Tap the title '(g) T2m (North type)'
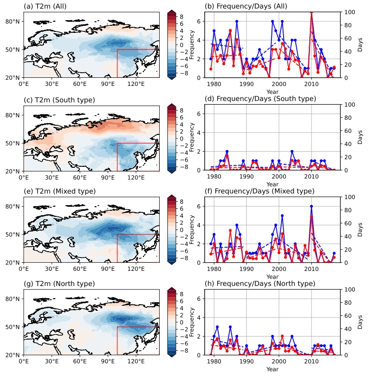click(x=59, y=284)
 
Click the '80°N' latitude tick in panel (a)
click(x=13, y=21)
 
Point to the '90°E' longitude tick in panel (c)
click(x=109, y=177)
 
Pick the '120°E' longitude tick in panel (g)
click(x=137, y=361)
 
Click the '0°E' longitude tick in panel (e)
click(x=23, y=269)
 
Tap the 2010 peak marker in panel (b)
click(x=311, y=12)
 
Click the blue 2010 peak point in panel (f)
click(x=311, y=206)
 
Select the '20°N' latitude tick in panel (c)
click(x=13, y=171)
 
